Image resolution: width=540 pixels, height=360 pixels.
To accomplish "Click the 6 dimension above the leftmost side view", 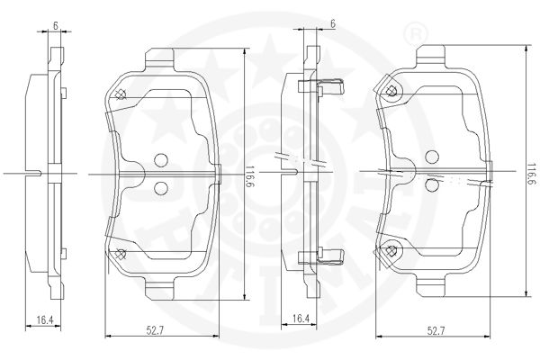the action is pyautogui.click(x=55, y=25).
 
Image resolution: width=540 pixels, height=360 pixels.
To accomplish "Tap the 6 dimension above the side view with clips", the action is pyautogui.click(x=333, y=23).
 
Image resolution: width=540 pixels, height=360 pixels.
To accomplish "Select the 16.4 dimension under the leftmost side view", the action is pyautogui.click(x=45, y=320).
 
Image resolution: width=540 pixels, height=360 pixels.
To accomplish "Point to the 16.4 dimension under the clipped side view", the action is pyautogui.click(x=301, y=319).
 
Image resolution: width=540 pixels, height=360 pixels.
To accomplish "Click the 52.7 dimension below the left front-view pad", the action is pyautogui.click(x=155, y=330).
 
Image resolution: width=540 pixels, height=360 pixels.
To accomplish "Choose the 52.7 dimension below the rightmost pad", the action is pyautogui.click(x=436, y=331).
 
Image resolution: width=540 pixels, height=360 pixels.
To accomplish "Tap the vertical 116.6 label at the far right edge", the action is pyautogui.click(x=533, y=174).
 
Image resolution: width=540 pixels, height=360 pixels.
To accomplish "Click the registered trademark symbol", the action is pyautogui.click(x=416, y=33).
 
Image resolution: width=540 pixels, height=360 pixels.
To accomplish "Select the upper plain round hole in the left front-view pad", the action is pyautogui.click(x=161, y=160).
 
